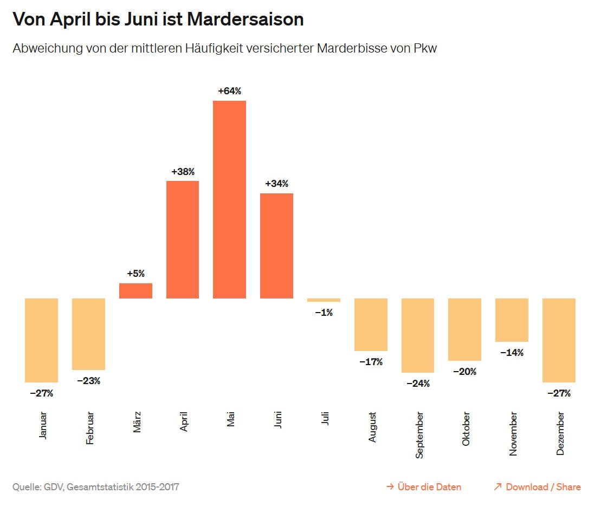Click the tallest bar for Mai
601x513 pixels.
click(229, 199)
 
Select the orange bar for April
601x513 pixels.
click(183, 239)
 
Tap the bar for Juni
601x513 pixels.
click(276, 245)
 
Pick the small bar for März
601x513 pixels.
click(135, 291)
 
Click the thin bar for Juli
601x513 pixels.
click(324, 300)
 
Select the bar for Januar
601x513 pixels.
click(41, 340)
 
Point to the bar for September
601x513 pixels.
click(418, 335)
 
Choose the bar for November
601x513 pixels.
click(512, 320)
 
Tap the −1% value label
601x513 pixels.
click(324, 313)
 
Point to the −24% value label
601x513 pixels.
click(418, 384)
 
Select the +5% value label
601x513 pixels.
click(135, 274)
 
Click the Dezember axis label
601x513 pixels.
click(560, 433)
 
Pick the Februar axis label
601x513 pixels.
click(90, 428)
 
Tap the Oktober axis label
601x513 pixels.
click(466, 429)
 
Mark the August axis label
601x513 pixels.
click(372, 427)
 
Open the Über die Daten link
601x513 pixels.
click(424, 487)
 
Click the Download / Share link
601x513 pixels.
click(537, 487)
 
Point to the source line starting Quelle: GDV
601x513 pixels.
click(95, 487)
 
